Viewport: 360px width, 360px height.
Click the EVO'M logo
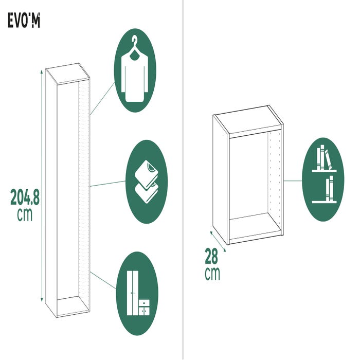tap(24, 20)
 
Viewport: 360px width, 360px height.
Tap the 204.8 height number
tap(25, 197)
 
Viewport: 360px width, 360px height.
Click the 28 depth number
tap(211, 256)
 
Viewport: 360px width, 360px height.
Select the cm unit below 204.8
tap(25, 214)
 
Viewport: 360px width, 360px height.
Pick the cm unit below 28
tap(212, 274)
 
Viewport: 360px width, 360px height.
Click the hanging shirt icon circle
tap(135, 70)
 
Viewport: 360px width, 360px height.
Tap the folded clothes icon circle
tap(147, 182)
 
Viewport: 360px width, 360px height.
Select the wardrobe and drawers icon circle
tap(137, 294)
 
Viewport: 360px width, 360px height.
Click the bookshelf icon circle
tap(323, 179)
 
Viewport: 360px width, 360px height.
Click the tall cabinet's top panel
tap(67, 74)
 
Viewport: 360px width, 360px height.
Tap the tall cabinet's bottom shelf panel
tap(73, 305)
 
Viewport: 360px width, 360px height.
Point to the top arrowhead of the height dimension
tap(42, 71)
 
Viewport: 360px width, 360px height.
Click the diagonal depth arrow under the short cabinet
tap(218, 242)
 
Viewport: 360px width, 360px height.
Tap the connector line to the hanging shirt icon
tap(102, 99)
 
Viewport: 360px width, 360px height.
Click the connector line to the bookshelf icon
tap(293, 181)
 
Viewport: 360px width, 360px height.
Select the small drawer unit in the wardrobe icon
tap(144, 307)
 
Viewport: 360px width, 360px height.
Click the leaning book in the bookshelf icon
tap(328, 159)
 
